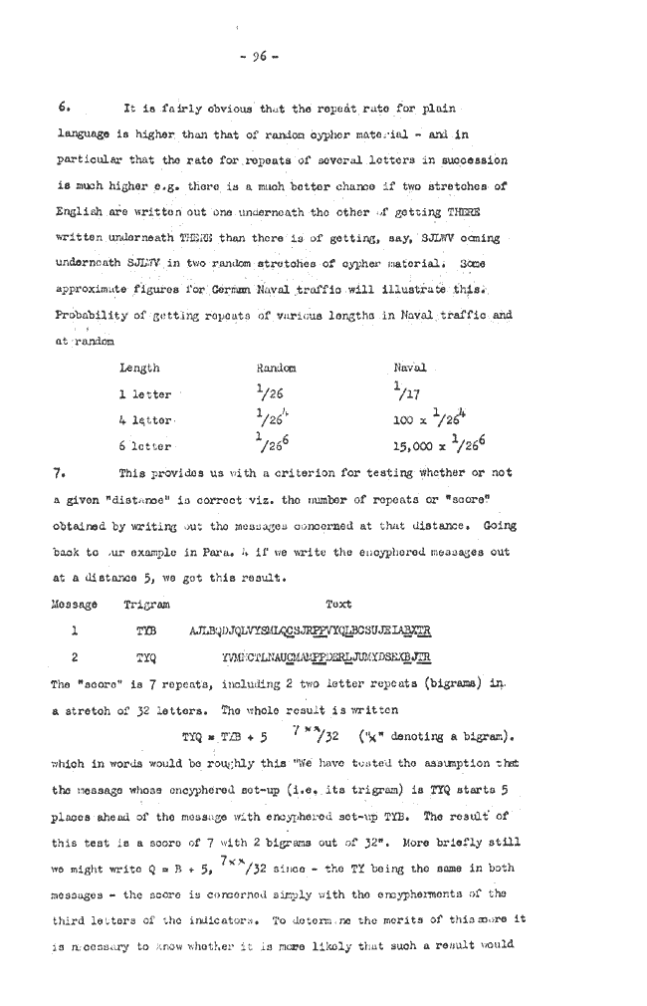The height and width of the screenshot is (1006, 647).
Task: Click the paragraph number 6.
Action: coord(63,107)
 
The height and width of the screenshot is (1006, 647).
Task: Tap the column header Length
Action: coord(139,369)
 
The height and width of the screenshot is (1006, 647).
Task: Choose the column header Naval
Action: coord(410,369)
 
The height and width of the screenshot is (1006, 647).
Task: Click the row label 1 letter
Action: coord(145,395)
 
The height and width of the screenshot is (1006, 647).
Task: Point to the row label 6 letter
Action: coord(145,447)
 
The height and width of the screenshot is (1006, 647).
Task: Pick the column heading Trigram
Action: coord(147,603)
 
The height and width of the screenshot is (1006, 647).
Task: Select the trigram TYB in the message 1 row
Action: coord(148,630)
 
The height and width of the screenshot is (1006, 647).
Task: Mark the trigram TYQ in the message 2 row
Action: coord(148,657)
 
